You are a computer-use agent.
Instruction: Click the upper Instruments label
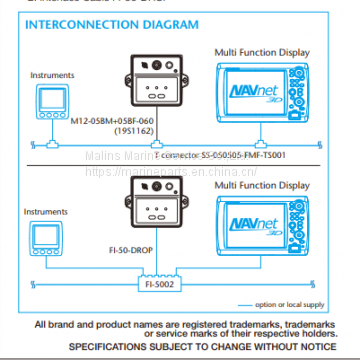[x=51, y=74]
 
